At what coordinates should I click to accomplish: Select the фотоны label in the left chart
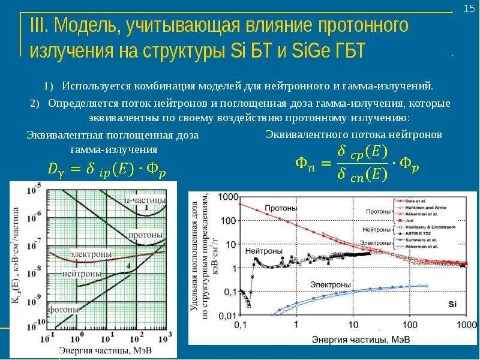point(65,310)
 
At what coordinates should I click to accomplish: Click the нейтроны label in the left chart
point(82,274)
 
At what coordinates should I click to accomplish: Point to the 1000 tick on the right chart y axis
point(226,197)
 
